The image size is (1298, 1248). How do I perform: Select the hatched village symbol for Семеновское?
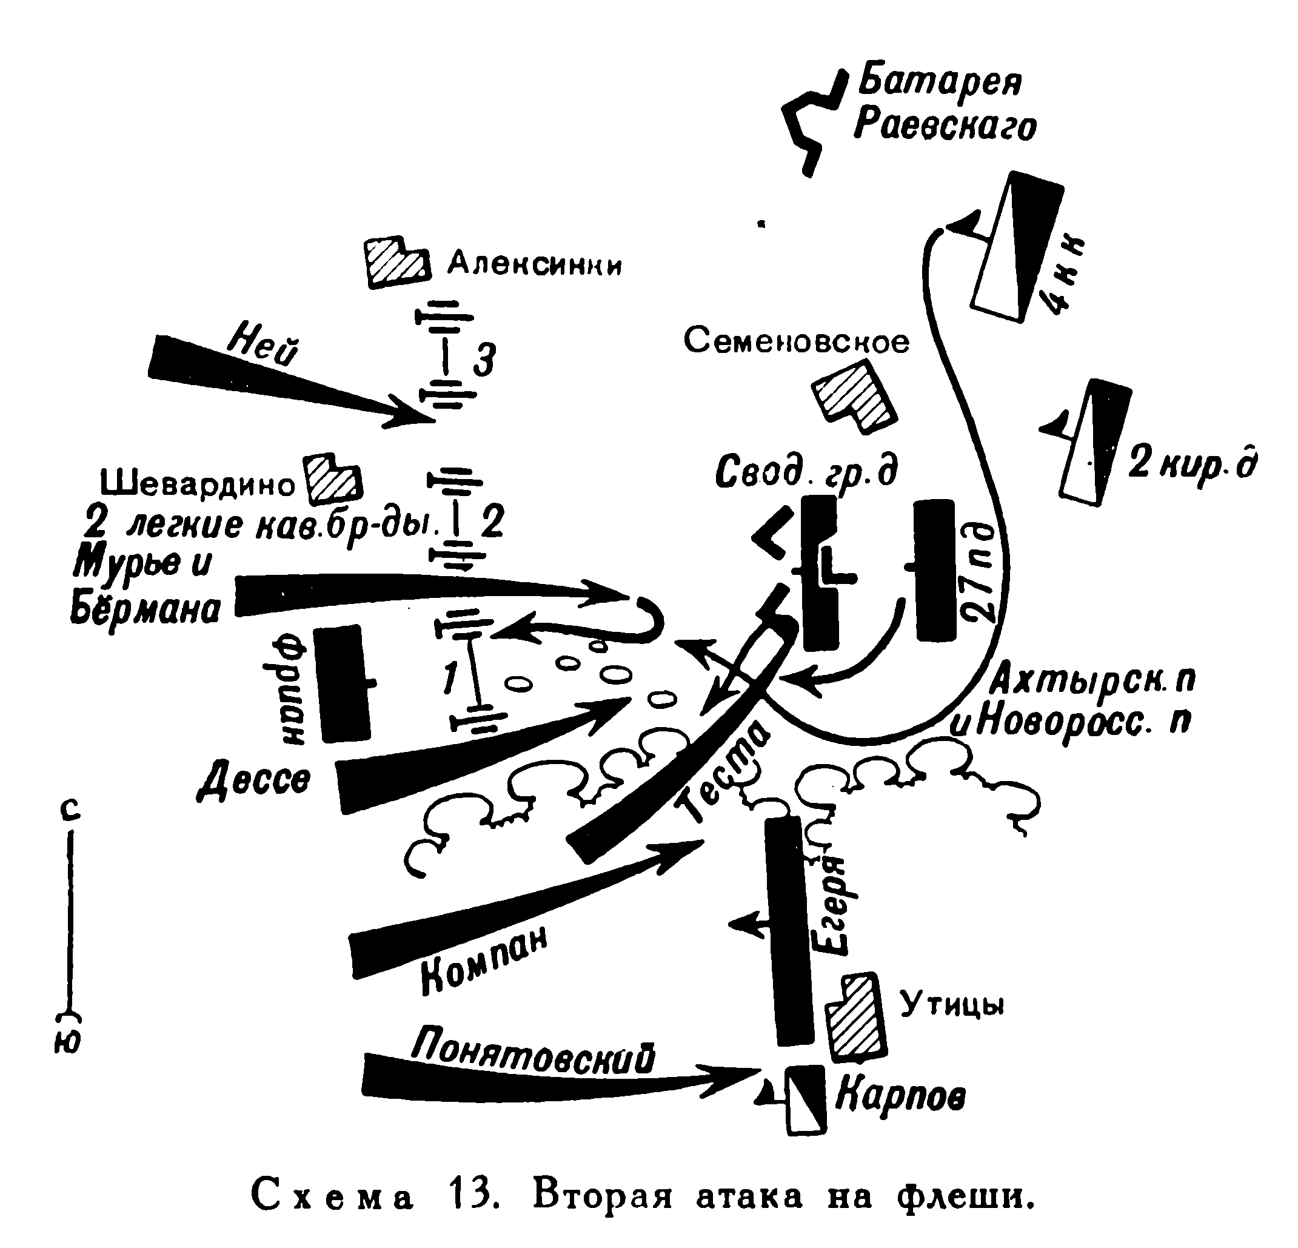854,397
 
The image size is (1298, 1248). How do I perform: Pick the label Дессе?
255,780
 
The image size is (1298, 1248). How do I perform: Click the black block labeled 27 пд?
935,571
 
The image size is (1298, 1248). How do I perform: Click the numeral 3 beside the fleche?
484,361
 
